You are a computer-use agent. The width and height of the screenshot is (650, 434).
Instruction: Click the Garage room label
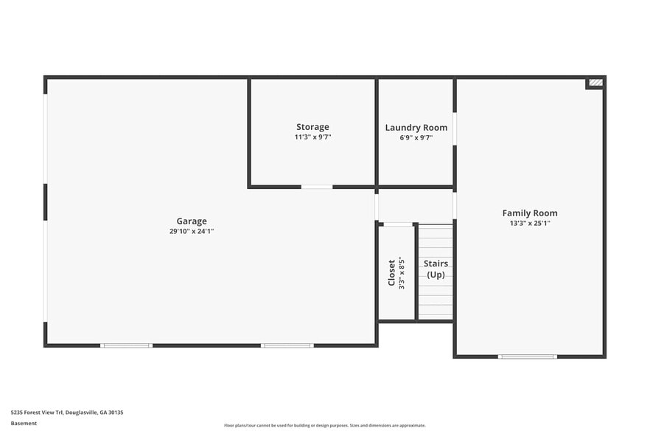click(x=192, y=221)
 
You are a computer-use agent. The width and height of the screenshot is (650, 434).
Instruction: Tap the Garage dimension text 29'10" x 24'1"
click(x=192, y=231)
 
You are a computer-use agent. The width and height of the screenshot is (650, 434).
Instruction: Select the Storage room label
click(x=312, y=127)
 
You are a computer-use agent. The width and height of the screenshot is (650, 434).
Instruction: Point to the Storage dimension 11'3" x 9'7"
click(x=312, y=137)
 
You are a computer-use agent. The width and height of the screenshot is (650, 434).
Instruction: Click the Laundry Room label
click(x=416, y=128)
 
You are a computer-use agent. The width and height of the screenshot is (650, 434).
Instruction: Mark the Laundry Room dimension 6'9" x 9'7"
click(x=416, y=137)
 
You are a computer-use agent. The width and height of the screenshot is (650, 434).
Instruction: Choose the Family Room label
click(x=530, y=213)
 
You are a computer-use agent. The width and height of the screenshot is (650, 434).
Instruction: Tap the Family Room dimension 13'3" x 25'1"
click(x=530, y=223)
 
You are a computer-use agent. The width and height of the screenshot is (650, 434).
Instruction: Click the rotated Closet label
click(x=392, y=272)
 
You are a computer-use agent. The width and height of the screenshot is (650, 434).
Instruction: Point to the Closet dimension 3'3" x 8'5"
click(x=402, y=272)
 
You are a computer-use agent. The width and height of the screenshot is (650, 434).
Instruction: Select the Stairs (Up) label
click(x=436, y=269)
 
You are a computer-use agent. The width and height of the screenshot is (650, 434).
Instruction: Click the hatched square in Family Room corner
click(x=595, y=83)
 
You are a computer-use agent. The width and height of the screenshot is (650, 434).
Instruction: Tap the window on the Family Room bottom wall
click(x=527, y=356)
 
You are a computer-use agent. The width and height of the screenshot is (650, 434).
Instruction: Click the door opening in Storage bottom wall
click(x=317, y=187)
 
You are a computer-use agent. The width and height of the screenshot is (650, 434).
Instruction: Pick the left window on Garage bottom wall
click(x=126, y=345)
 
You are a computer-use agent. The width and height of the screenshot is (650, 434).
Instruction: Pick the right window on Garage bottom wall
click(x=287, y=345)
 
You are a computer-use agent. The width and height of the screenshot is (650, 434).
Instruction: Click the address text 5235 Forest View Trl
click(x=67, y=413)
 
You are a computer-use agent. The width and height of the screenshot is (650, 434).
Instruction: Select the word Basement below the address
click(x=24, y=423)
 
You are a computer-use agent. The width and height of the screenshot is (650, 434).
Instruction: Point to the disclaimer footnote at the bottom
click(x=325, y=425)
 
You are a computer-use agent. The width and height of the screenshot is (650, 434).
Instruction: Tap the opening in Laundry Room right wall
click(x=454, y=128)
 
